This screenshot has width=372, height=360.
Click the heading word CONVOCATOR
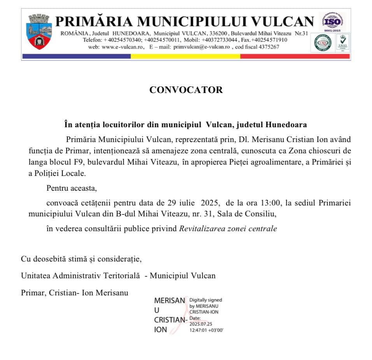tap(186, 90)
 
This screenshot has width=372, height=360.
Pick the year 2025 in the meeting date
tap(209, 203)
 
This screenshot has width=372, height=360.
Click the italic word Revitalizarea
tap(200, 229)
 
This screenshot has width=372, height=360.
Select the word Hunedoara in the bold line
tap(286, 125)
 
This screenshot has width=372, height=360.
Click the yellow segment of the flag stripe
tap(185, 56)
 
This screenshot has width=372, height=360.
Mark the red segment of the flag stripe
tap(295, 56)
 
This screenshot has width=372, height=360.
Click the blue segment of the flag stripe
tap(76, 56)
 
